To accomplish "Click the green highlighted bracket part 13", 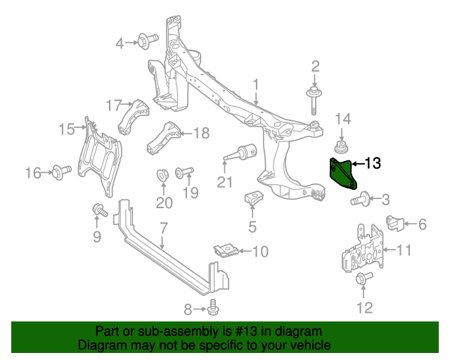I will point(342,174).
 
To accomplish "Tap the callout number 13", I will point(372,164).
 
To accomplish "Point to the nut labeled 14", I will point(342,148).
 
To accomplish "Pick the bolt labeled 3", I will point(358,200).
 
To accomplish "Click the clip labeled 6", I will point(394,224).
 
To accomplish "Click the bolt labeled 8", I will point(214,309).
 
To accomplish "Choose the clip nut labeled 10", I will point(225,250).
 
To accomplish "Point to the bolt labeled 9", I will point(98,209).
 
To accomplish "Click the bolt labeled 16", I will point(59,170).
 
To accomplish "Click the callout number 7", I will point(163,229).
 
